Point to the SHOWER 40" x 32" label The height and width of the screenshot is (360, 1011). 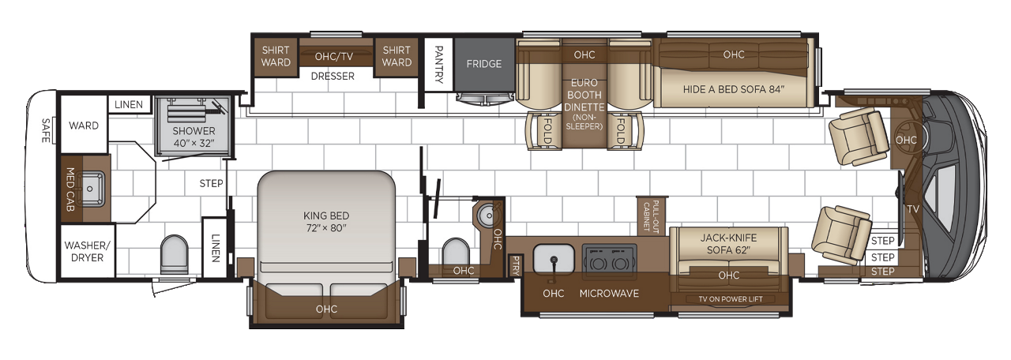tap(194, 137)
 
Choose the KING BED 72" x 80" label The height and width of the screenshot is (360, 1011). tap(325, 221)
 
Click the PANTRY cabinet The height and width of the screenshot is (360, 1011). tap(438, 64)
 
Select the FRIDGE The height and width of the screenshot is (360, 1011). tap(483, 64)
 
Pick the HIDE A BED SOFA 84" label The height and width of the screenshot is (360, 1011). tap(734, 89)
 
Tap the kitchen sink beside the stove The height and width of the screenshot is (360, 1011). tap(553, 258)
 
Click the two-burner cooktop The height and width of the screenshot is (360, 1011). tap(607, 258)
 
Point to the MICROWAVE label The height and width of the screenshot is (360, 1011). tap(609, 294)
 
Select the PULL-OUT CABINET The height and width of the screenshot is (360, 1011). tap(652, 215)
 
